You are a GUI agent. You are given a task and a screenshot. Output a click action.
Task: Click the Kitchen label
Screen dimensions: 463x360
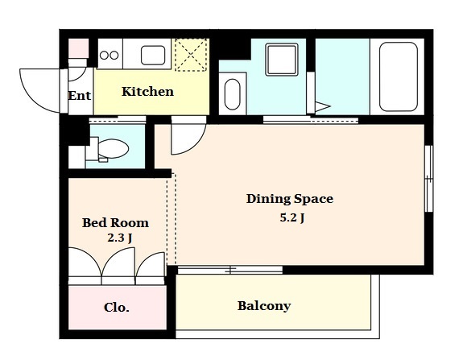pyautogui.click(x=147, y=92)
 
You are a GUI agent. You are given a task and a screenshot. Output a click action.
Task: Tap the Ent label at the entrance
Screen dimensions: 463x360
pyautogui.click(x=80, y=95)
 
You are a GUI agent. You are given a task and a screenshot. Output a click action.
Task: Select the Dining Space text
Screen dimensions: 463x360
pyautogui.click(x=290, y=199)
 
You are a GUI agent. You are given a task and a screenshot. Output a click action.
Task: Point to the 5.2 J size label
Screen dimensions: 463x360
pyautogui.click(x=292, y=218)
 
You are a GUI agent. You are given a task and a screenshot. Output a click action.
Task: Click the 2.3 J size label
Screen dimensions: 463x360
pyautogui.click(x=120, y=238)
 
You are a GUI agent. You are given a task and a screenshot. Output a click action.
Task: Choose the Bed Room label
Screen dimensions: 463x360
pyautogui.click(x=115, y=222)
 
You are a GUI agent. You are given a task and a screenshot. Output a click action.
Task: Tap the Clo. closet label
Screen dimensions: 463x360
pyautogui.click(x=116, y=308)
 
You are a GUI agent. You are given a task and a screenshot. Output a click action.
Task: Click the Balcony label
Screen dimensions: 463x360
pyautogui.click(x=264, y=306)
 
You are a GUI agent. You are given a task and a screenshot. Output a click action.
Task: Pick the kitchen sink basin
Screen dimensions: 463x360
pyautogui.click(x=153, y=55)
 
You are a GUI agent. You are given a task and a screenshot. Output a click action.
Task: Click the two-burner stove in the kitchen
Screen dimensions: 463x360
pyautogui.click(x=110, y=55)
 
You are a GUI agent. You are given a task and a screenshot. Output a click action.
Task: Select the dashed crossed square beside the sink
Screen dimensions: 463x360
pyautogui.click(x=191, y=55)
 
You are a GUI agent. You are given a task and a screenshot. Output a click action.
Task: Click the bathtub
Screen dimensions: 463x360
pyautogui.click(x=398, y=77)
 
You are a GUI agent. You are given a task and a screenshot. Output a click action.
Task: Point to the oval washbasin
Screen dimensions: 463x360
pyautogui.click(x=233, y=94)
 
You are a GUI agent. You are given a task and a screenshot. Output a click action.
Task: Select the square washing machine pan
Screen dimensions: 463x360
pyautogui.click(x=282, y=60)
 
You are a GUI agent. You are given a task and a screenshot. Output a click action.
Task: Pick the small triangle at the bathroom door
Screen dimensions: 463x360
pyautogui.click(x=322, y=106)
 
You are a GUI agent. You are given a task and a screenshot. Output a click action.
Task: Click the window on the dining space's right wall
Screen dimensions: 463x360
pyautogui.click(x=428, y=178)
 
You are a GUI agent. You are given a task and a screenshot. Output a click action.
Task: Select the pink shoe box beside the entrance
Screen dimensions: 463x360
pyautogui.click(x=79, y=48)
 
